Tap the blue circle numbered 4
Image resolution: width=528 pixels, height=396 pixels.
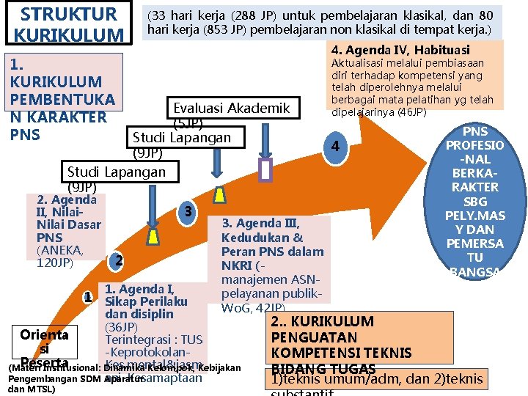pos(334,147)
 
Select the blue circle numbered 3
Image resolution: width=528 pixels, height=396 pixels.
pos(188,212)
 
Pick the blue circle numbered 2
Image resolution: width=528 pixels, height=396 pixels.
pos(117,261)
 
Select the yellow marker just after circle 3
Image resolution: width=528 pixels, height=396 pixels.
pos(220,196)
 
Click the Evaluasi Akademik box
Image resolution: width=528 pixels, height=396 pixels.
pos(232,109)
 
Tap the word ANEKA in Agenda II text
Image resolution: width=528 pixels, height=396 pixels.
pos(59,250)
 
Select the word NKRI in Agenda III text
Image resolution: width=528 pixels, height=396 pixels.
pos(238,265)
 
